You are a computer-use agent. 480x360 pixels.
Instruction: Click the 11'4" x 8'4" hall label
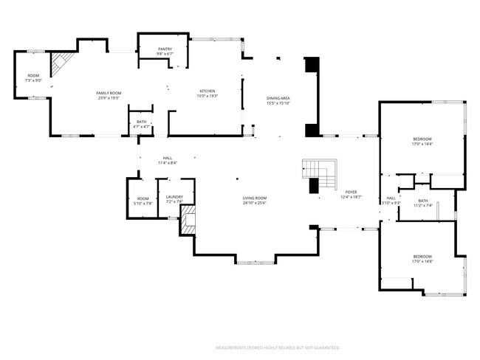tap(168, 161)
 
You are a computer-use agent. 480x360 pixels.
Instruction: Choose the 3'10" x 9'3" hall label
tap(391, 201)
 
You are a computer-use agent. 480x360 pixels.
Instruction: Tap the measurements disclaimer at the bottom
tap(277, 346)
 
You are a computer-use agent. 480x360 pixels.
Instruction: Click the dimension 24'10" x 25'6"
tap(254, 203)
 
